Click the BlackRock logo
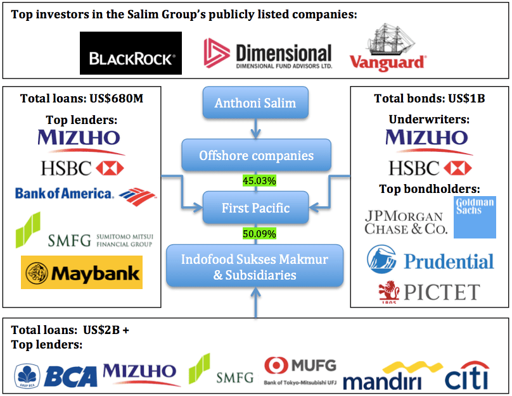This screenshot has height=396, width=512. (x=131, y=54)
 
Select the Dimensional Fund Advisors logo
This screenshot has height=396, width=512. (x=267, y=54)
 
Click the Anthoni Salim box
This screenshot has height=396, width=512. (x=255, y=102)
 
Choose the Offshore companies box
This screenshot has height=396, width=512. (x=256, y=155)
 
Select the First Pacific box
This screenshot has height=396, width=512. (x=255, y=207)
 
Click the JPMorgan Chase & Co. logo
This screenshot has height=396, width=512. (x=406, y=222)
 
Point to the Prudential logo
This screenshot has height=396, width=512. (x=430, y=260)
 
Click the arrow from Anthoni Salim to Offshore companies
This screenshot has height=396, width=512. (x=255, y=129)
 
